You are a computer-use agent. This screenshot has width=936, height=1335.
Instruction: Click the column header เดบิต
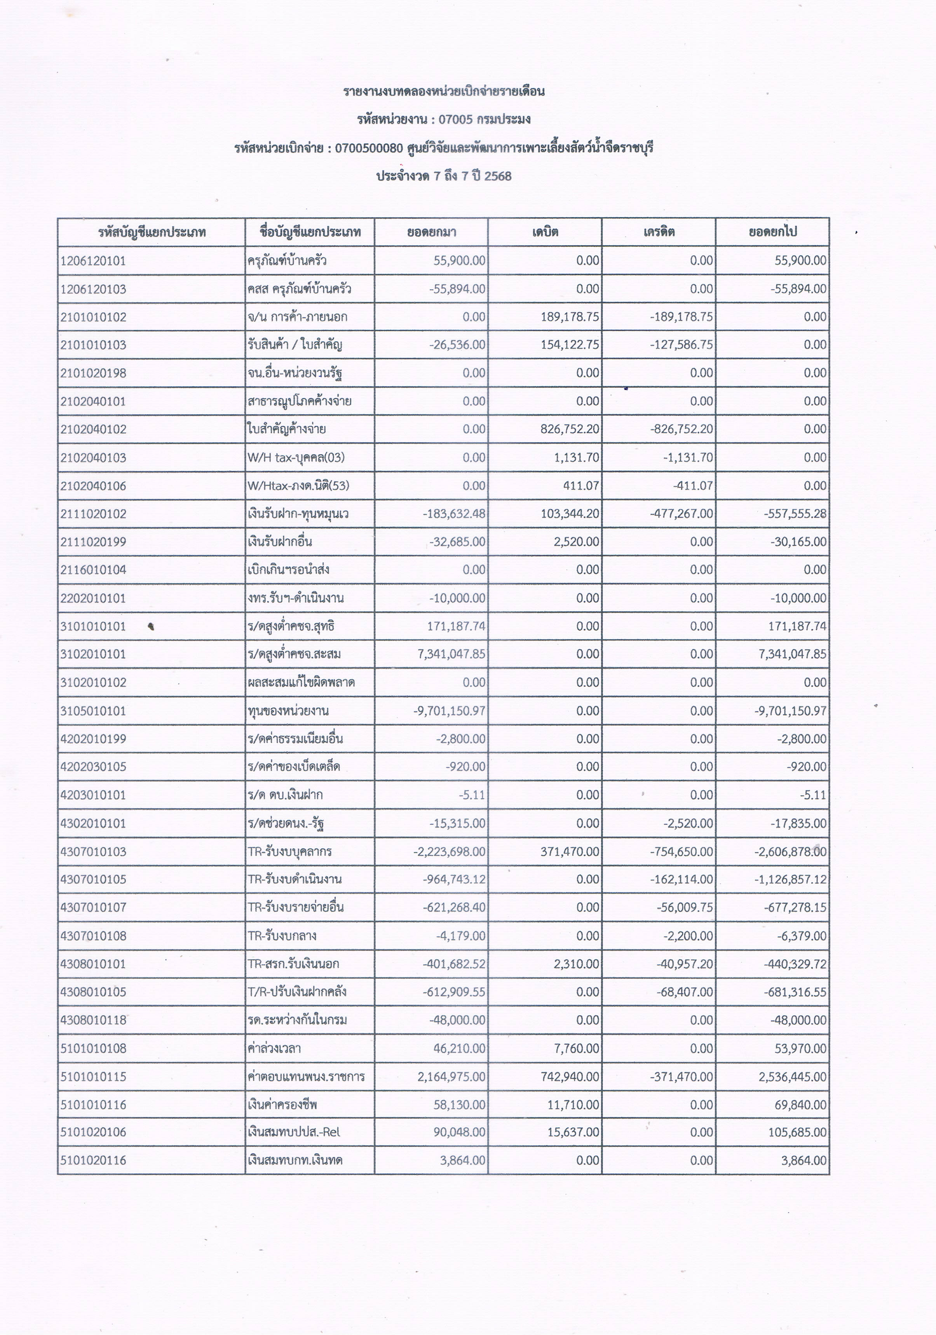coord(545,232)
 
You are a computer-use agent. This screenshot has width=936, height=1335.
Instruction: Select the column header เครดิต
coord(659,232)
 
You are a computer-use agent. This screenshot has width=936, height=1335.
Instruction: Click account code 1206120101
coord(93,260)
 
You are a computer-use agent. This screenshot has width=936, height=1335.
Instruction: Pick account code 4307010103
coord(93,852)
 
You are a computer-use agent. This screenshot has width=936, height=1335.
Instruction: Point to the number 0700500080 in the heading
coord(369,148)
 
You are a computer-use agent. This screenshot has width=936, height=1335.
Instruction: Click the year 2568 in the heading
coord(498,176)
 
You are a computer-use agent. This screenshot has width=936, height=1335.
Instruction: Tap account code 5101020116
coord(93,1161)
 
